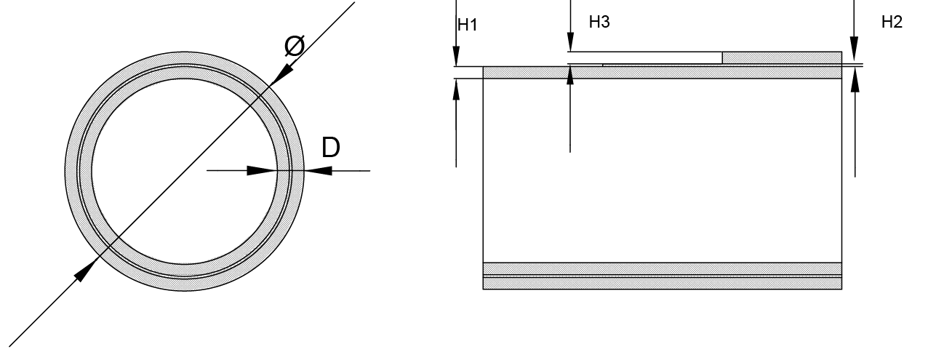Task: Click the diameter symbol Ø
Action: pos(294,47)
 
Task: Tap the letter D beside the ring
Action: pos(330,148)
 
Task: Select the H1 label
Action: pos(467,25)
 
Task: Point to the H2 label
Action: pos(892,23)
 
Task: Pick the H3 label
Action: pos(599,23)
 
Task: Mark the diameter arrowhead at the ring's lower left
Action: pos(86,271)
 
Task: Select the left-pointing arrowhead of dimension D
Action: pos(319,171)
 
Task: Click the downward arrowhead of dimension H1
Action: pos(456,57)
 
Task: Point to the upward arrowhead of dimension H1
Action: pos(456,87)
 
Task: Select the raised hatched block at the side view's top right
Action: pos(781,58)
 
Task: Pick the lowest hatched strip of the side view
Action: pos(662,283)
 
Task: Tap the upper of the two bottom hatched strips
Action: pos(662,268)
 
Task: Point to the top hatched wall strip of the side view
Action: pos(662,72)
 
